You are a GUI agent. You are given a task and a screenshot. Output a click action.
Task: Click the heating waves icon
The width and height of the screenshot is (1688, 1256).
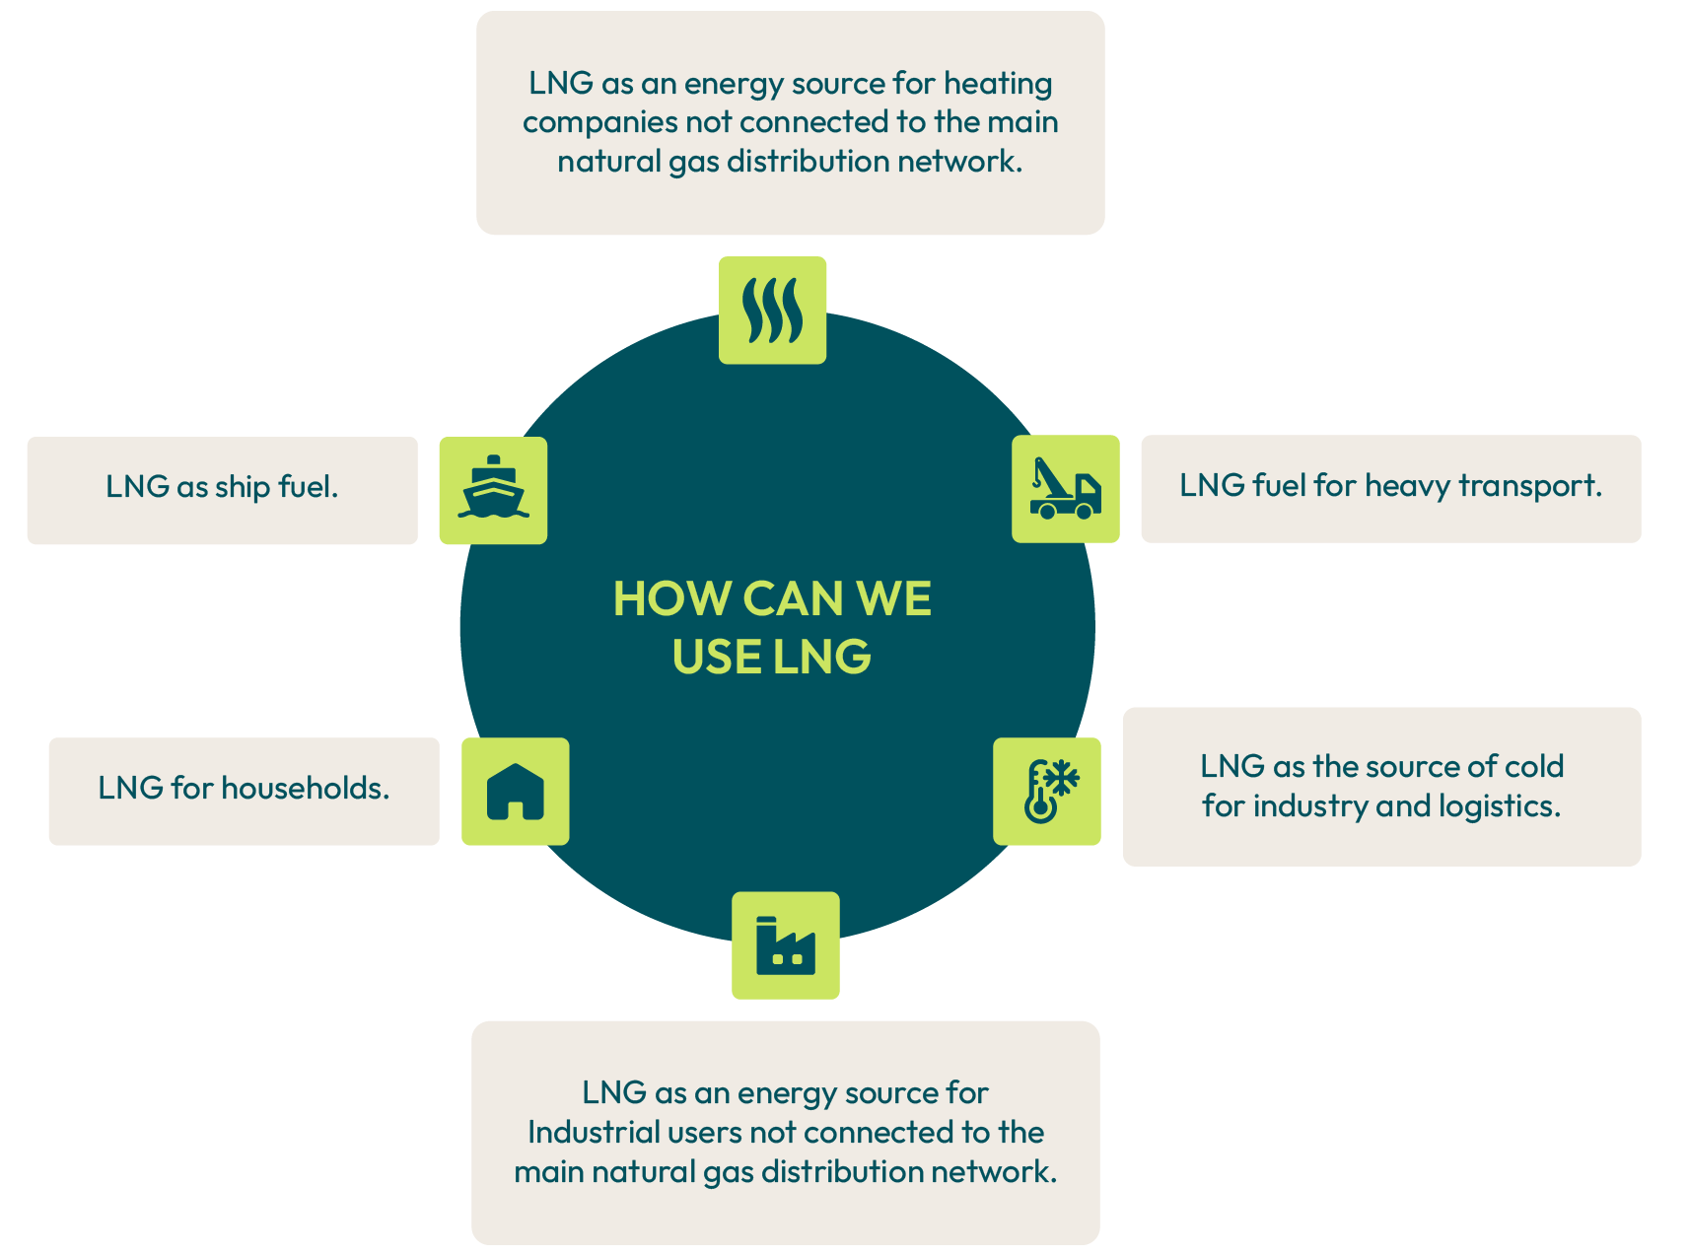772,311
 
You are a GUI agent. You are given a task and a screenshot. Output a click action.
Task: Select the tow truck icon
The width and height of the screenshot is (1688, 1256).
1065,489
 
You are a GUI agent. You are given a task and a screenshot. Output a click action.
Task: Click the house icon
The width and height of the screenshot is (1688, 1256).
515,792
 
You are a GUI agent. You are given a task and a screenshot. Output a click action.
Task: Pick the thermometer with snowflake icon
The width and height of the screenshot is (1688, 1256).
1047,792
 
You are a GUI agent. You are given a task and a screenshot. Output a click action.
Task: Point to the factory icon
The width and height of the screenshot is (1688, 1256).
785,946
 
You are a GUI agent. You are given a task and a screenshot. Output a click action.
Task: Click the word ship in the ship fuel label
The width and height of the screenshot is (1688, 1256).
243,487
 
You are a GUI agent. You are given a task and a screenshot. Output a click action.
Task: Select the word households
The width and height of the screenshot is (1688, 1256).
305,788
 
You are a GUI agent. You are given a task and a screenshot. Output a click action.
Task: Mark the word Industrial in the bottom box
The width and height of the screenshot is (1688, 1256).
593,1132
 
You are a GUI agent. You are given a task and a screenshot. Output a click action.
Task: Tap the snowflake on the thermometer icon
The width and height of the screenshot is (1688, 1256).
1062,778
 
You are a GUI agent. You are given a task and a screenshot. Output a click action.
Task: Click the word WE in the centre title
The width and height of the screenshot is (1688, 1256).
893,598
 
